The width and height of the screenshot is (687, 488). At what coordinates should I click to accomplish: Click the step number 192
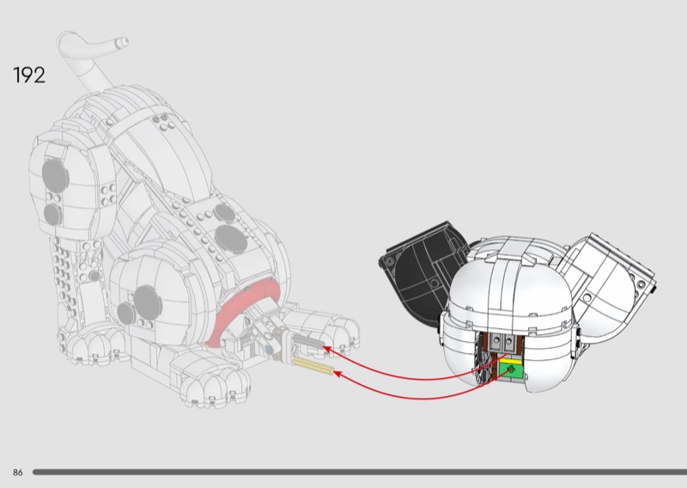coord(29,75)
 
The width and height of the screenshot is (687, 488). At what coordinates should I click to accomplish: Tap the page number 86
coord(17,473)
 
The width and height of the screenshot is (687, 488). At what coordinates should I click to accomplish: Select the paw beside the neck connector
coord(335,330)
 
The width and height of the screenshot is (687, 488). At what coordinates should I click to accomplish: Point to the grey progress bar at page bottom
coord(361,472)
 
